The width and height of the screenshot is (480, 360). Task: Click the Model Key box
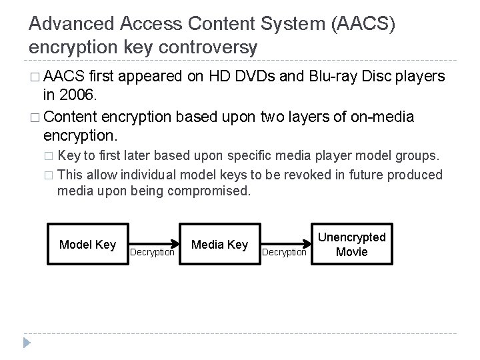pos(87,245)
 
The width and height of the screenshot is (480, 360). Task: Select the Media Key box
pos(219,245)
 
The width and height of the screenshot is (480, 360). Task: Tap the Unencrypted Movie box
pos(351,244)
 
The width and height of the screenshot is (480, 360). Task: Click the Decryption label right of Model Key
pos(152,253)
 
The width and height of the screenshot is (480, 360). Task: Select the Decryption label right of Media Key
pos(284,253)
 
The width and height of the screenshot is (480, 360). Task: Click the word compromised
pos(211,191)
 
